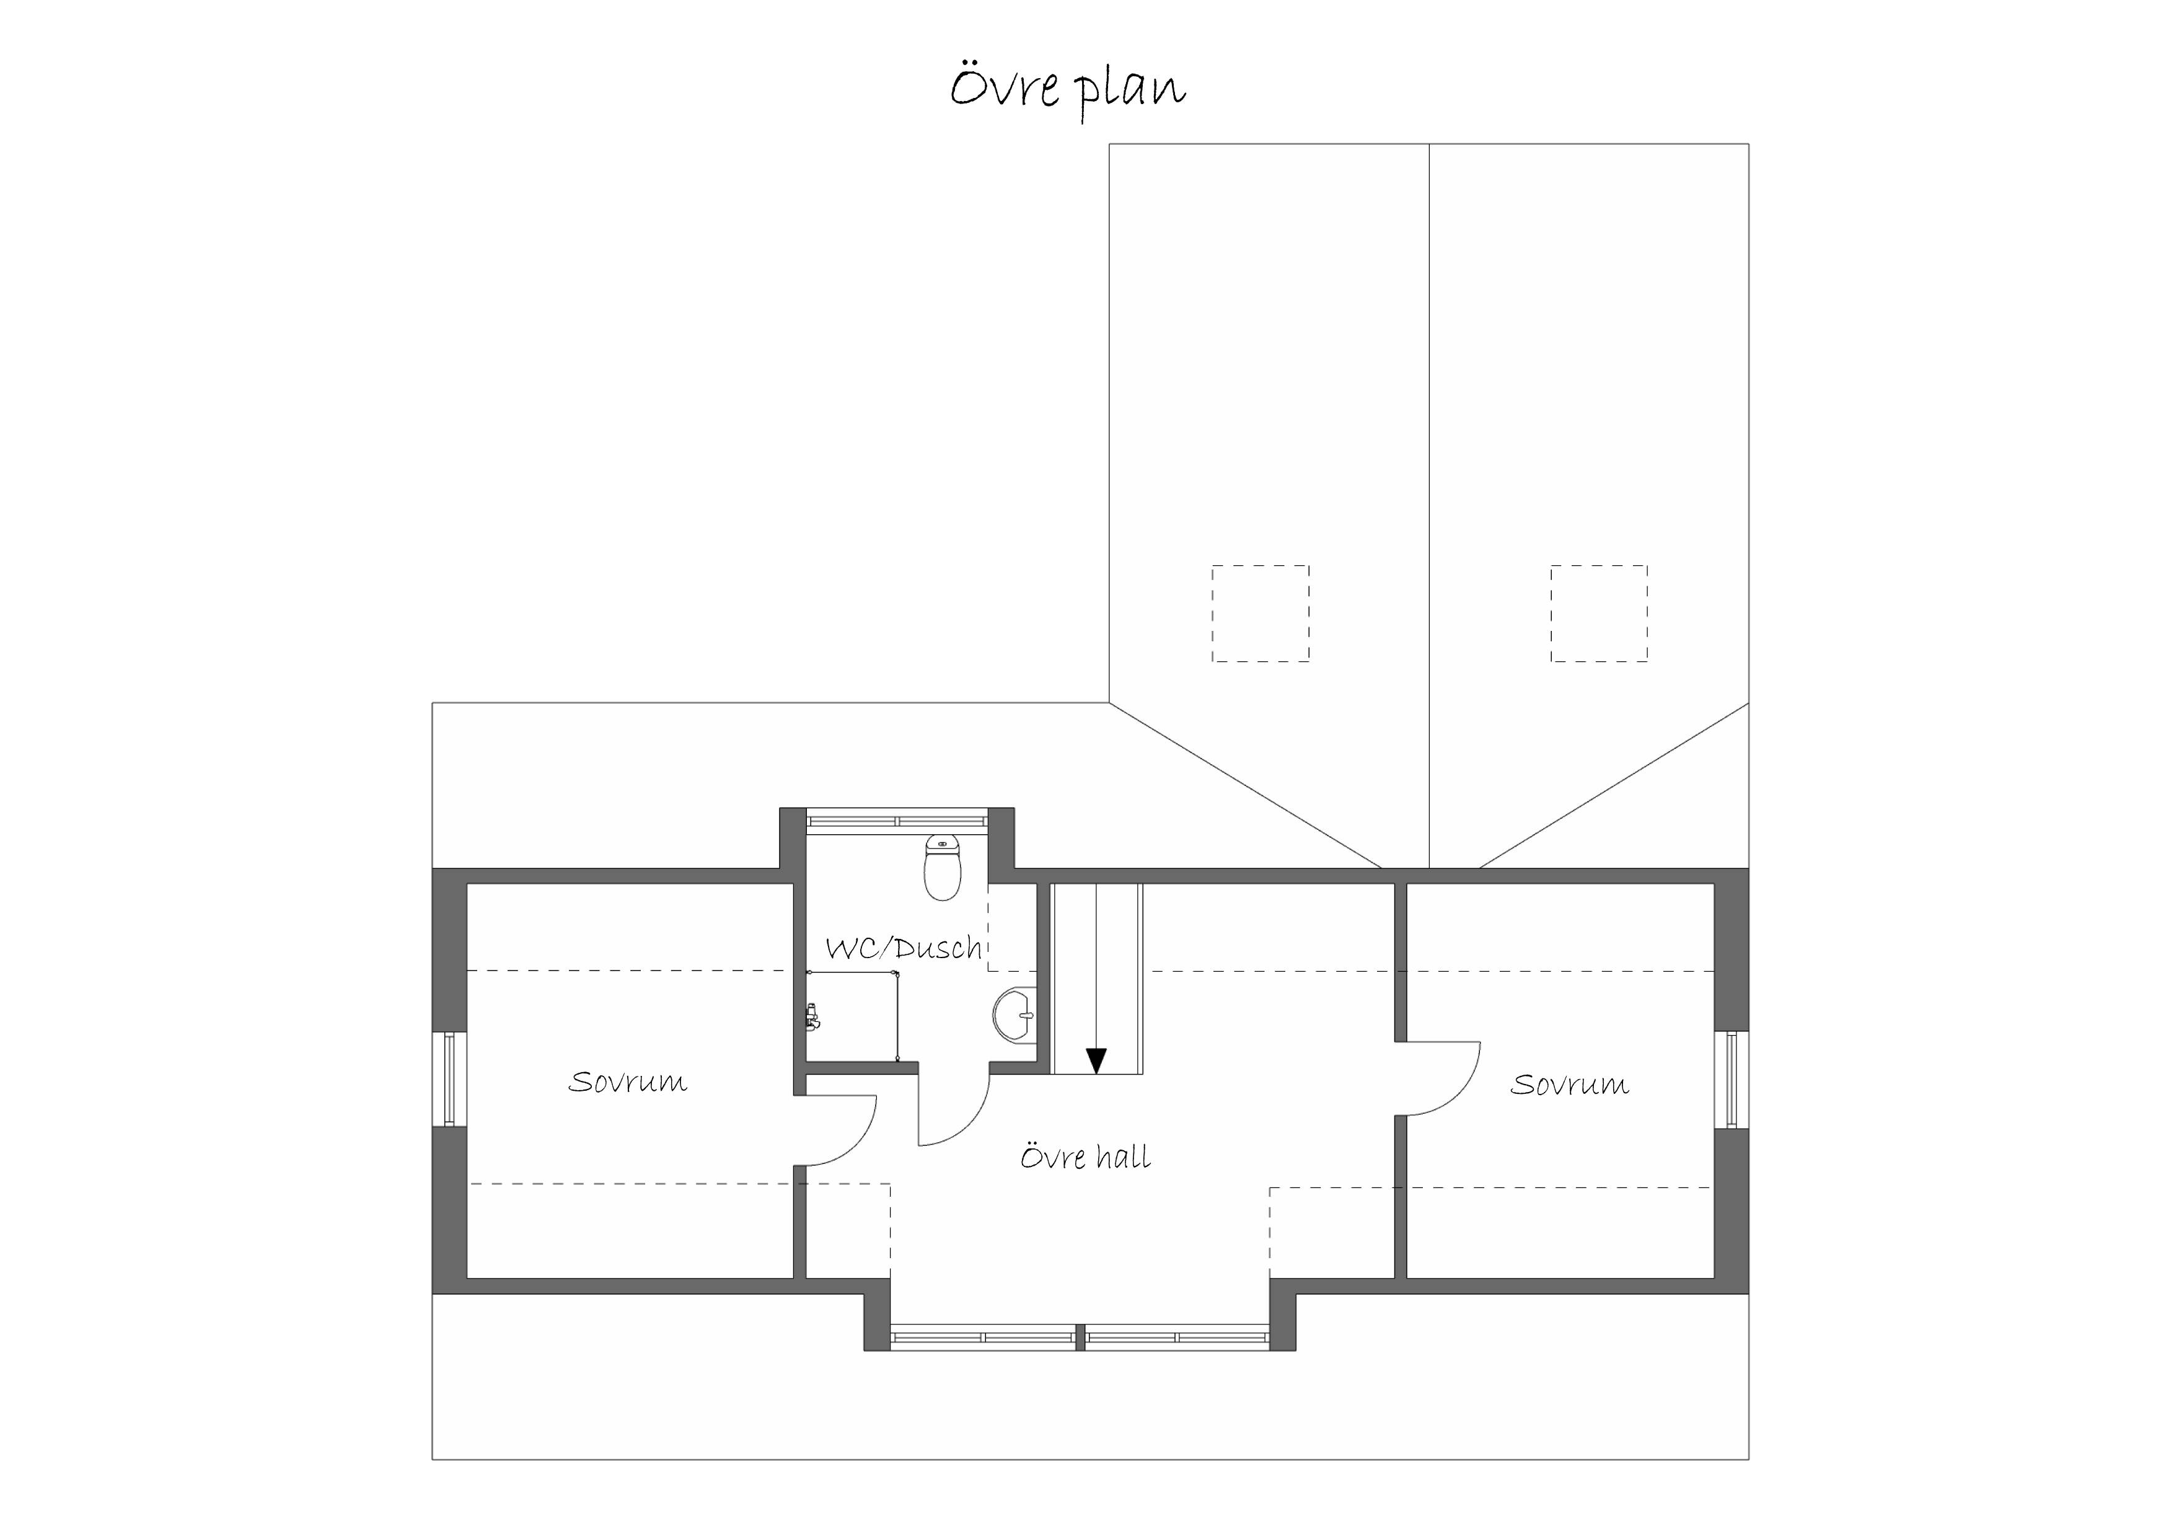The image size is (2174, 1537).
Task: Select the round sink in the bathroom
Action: pyautogui.click(x=1015, y=1015)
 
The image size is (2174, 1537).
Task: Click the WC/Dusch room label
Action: pyautogui.click(x=904, y=948)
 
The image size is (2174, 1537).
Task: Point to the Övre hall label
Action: pyautogui.click(x=1085, y=1156)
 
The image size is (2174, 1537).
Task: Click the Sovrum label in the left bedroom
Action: pyautogui.click(x=628, y=1081)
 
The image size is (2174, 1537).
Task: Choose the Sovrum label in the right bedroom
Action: pyautogui.click(x=1569, y=1085)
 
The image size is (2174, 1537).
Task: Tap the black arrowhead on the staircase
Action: pyautogui.click(x=1096, y=1060)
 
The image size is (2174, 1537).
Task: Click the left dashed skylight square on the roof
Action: pyautogui.click(x=1261, y=614)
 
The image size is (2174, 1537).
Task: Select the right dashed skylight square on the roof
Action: pyautogui.click(x=1600, y=614)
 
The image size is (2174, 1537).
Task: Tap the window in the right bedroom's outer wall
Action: pyautogui.click(x=1732, y=1080)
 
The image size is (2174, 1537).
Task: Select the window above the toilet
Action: pyautogui.click(x=897, y=820)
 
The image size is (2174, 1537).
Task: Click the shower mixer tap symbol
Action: pyautogui.click(x=811, y=1017)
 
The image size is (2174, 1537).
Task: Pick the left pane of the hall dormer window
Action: pyautogui.click(x=983, y=1337)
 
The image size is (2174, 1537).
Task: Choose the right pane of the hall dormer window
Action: pyautogui.click(x=1177, y=1337)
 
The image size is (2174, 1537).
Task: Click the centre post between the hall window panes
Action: pyautogui.click(x=1080, y=1337)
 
